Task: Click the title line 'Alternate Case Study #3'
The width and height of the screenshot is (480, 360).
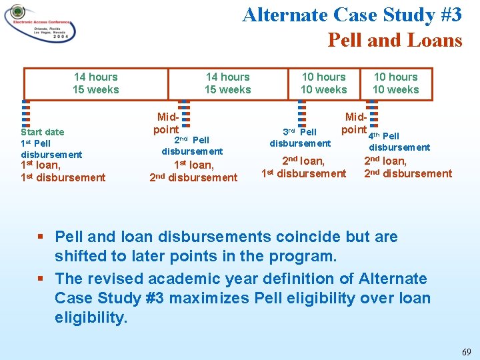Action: point(351,15)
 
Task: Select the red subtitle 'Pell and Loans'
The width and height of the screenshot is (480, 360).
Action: point(395,40)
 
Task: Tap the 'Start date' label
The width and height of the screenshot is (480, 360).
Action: point(43,132)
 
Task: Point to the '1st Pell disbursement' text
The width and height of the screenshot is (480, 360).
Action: point(51,149)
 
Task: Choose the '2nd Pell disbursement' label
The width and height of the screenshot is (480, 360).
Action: point(192,145)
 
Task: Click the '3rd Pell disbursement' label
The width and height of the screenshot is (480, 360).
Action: point(300,137)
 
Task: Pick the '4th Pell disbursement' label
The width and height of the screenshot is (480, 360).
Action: point(399,141)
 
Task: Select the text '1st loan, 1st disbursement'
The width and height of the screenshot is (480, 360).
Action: point(63,171)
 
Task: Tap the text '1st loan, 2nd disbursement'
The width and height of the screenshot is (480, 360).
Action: point(193,171)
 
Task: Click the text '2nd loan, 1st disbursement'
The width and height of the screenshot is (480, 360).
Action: point(303,167)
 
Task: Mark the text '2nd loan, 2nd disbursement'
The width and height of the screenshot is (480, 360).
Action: point(407,167)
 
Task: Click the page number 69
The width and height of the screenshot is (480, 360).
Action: point(466,351)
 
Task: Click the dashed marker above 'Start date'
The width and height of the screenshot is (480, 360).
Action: point(25,113)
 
